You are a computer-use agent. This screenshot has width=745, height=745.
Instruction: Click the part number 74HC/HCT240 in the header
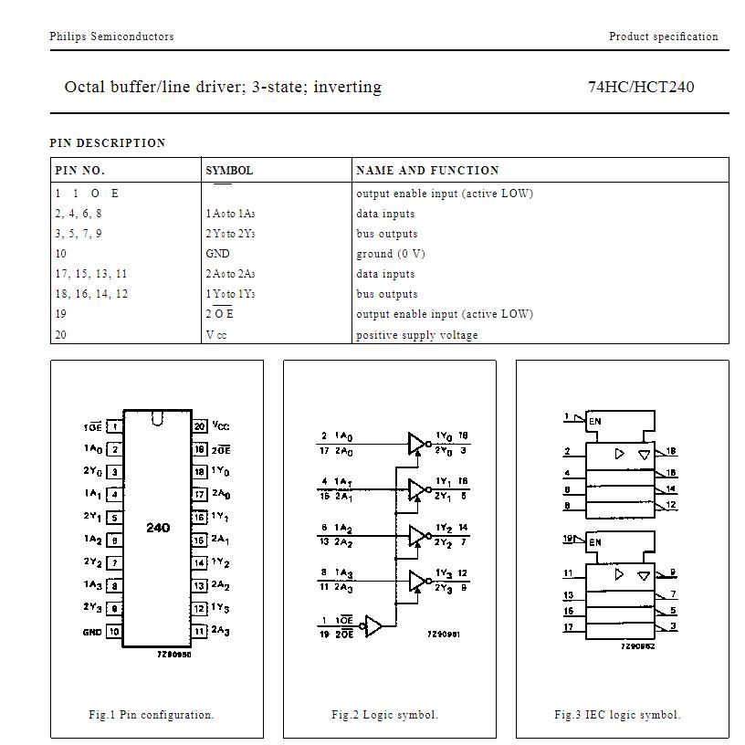640,88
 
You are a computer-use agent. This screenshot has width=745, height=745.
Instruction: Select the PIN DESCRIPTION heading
108,142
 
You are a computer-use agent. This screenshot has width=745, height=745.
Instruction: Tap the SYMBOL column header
229,170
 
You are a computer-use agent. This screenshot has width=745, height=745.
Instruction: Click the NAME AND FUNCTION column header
427,170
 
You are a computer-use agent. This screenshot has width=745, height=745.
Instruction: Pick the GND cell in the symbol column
217,254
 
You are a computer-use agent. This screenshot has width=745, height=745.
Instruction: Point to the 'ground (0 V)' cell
390,254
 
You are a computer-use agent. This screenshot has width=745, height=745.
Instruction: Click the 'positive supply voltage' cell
416,335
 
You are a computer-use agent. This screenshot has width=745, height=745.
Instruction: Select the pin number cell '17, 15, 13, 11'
91,274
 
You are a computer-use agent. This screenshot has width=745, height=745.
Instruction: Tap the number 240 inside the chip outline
158,528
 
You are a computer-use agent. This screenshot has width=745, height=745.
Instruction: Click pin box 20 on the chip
199,426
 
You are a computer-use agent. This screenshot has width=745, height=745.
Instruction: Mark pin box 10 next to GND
114,632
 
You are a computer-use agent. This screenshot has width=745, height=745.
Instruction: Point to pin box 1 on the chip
114,426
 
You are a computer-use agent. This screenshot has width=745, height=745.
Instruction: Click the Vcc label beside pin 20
221,425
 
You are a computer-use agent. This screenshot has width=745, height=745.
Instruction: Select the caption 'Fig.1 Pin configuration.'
151,715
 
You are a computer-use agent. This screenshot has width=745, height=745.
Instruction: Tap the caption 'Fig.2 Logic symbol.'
384,715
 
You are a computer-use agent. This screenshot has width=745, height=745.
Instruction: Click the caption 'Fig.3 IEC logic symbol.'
617,715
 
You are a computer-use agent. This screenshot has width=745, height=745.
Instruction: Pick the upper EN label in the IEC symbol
595,421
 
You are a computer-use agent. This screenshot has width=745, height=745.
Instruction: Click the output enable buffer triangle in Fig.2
373,627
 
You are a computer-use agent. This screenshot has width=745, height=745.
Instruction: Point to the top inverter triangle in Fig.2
416,443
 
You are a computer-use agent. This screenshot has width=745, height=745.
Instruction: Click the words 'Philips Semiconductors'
111,37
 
